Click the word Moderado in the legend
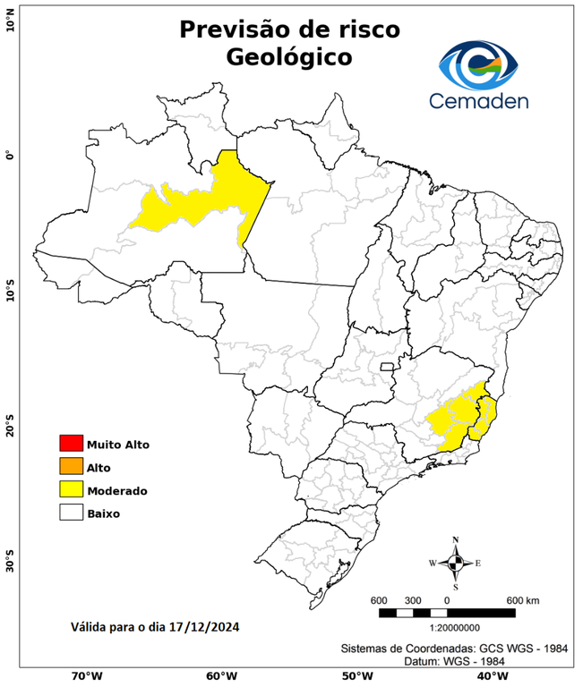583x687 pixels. point(117,491)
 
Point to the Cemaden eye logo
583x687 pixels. point(484,64)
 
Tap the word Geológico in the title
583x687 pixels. point(289,56)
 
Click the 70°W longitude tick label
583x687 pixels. point(86,675)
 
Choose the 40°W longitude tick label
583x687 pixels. point(490,675)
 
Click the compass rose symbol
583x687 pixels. point(455,563)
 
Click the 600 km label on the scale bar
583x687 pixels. point(522,599)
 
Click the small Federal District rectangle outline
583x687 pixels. point(388,366)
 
